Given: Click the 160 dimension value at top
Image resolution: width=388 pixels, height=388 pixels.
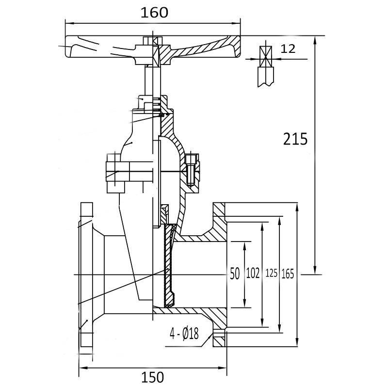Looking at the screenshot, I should [x=155, y=13].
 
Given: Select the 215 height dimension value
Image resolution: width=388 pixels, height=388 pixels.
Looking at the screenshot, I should [x=295, y=139].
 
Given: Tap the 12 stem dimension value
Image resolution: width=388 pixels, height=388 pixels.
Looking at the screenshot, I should [x=288, y=48].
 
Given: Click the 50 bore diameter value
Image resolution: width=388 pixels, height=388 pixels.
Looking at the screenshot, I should [x=235, y=274].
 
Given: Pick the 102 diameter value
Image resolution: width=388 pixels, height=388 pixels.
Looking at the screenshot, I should [x=253, y=274].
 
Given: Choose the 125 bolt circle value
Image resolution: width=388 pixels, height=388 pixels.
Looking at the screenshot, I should [x=271, y=274].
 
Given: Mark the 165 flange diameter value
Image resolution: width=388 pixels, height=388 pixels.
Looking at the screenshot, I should [x=288, y=274].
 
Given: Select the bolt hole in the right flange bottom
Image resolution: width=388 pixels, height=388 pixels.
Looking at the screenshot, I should [x=219, y=333].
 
